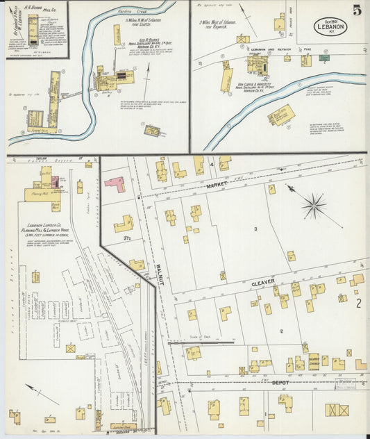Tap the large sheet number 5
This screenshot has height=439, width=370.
click(356, 10)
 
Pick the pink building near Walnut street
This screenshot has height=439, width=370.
click(115, 184)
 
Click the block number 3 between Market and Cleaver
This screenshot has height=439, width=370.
click(255, 229)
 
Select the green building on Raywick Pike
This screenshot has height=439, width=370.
click(323, 58)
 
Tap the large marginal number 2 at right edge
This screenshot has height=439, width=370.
click(359, 303)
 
